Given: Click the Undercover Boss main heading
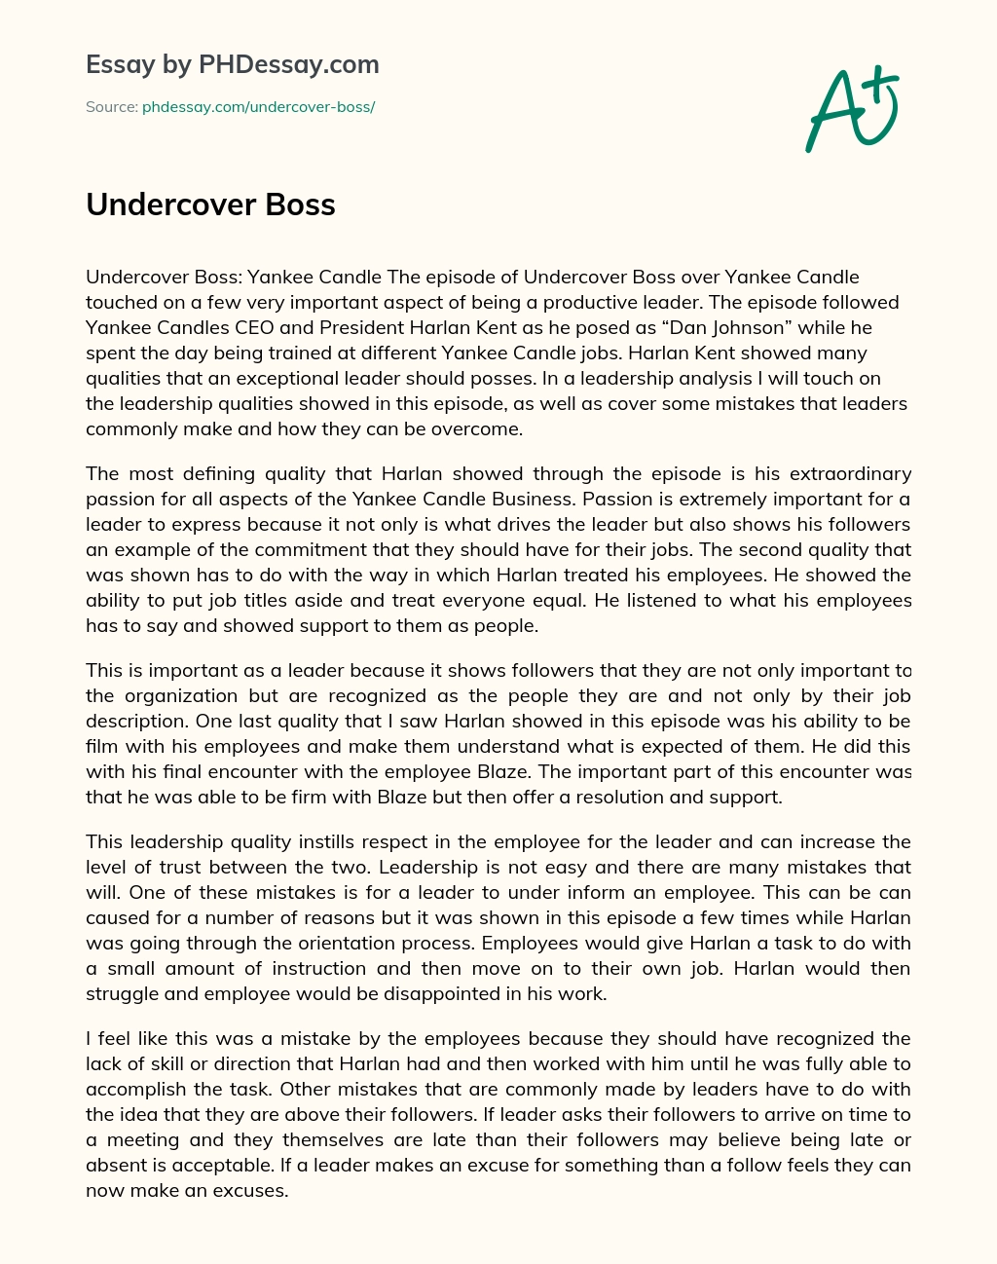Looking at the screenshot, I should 210,204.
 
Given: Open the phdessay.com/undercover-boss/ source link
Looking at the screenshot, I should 258,107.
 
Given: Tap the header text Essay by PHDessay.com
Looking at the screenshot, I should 232,65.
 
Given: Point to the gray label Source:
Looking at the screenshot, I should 111,107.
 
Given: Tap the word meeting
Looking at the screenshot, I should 144,1139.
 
